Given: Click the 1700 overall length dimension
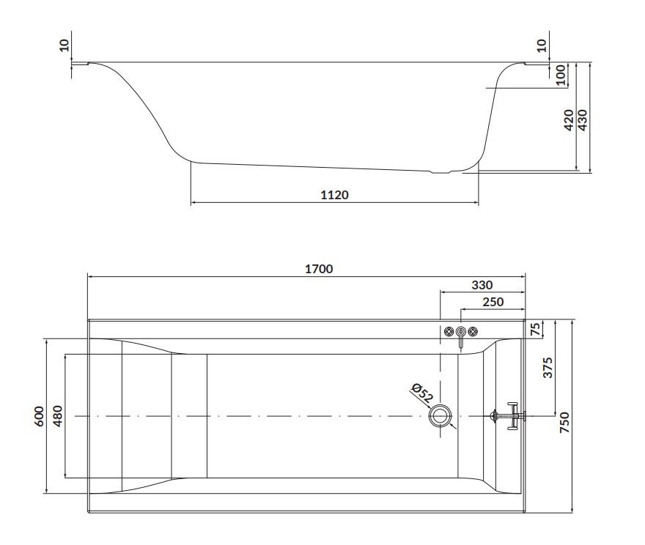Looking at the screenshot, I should coord(319,269).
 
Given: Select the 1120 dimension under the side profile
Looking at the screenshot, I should coord(334,195).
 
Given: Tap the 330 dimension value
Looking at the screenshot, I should coord(482,285).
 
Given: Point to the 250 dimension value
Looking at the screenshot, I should coord(493,302).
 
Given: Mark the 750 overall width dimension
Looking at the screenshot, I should coord(564,423).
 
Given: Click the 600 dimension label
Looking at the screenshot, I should coord(40,416).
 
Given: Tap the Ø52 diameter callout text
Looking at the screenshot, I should coord(422,393).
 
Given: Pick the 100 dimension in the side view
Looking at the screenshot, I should coord(561,75).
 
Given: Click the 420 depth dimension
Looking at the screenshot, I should coord(568,120).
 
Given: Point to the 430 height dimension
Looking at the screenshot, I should coord(583,120).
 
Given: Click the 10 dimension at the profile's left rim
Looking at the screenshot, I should coord(64,45).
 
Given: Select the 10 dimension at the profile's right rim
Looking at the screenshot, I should coord(542,45).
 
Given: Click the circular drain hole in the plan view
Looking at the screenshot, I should coord(441,416).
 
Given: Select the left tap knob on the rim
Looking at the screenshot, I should coord(449,332).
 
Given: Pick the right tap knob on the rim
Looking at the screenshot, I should coord(472,332).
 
